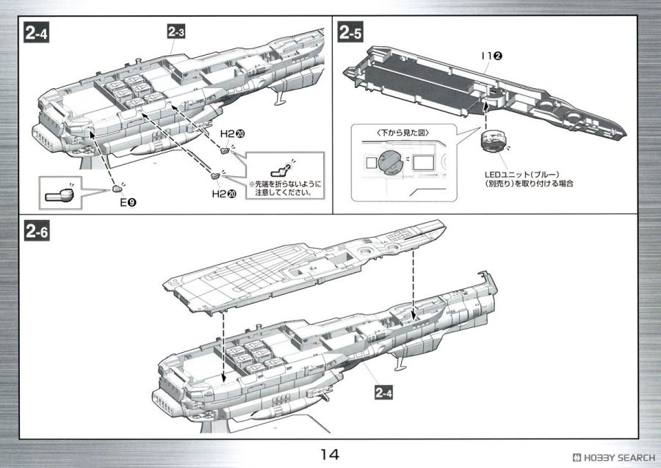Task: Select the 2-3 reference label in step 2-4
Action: coord(176,32)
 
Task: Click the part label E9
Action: coord(126,200)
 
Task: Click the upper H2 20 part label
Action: coord(231,136)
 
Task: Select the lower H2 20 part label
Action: coord(222,194)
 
